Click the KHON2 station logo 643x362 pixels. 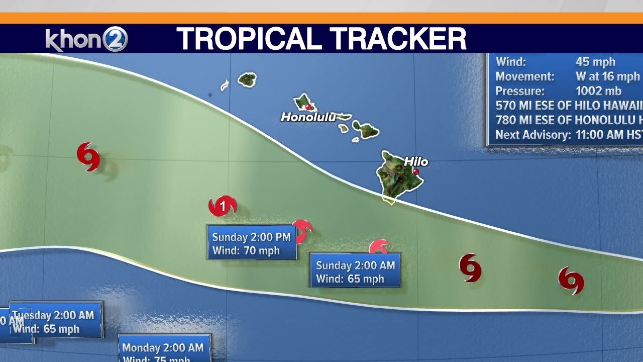click(x=86, y=39)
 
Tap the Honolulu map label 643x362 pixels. click(x=307, y=117)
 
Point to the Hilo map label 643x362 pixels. click(x=416, y=161)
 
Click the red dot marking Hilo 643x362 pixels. click(x=415, y=171)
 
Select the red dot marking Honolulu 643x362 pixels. click(x=308, y=107)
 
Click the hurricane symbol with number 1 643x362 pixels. click(x=222, y=206)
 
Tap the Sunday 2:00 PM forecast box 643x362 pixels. click(x=251, y=243)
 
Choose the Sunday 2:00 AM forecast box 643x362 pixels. click(x=355, y=271)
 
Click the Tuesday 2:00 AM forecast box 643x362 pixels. click(x=55, y=321)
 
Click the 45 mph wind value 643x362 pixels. click(x=595, y=62)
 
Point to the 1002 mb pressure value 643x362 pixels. click(x=598, y=91)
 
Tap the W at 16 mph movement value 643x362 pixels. click(x=608, y=76)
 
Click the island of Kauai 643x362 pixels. click(x=247, y=79)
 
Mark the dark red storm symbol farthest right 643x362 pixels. click(x=571, y=280)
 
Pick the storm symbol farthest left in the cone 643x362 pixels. click(x=88, y=156)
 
